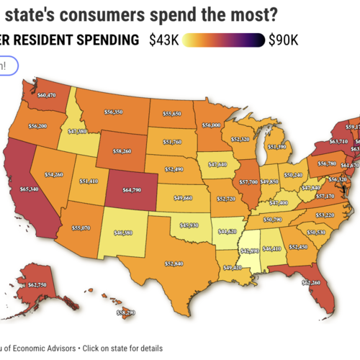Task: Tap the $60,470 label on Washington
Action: point(47,94)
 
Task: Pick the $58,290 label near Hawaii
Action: point(125,313)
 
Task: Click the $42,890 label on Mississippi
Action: point(249,250)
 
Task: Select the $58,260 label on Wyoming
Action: point(117,152)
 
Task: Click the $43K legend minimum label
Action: point(164,40)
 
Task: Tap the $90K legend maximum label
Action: point(283,40)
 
